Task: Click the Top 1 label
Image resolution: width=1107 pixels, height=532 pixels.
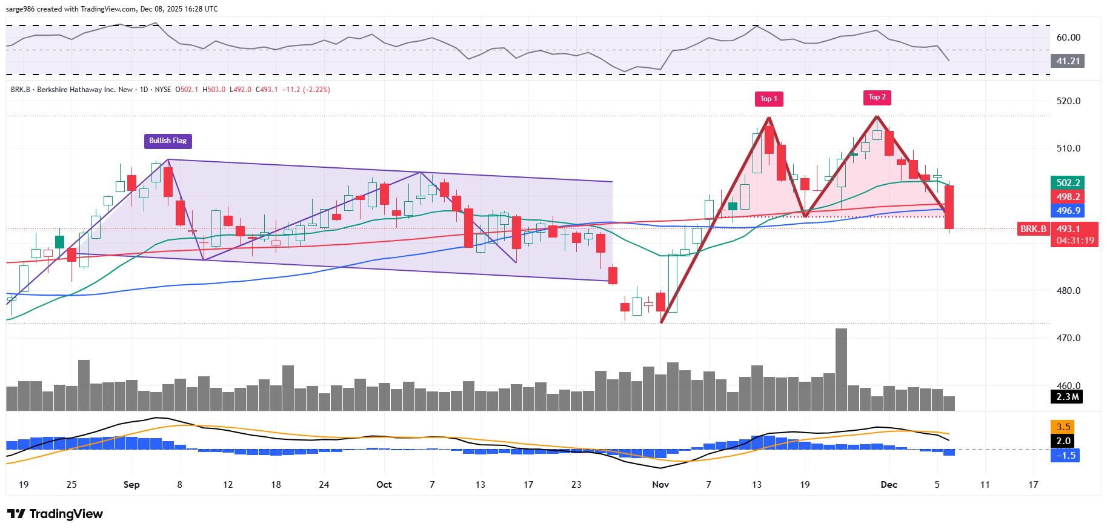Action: [768, 99]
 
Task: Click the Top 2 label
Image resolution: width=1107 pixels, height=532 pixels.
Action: [877, 97]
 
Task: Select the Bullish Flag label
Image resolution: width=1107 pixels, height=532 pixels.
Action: [168, 141]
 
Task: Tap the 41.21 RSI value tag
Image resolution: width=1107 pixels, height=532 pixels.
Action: [1068, 61]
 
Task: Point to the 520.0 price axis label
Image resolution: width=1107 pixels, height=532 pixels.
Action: [1068, 101]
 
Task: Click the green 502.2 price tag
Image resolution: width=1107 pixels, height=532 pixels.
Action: [1068, 183]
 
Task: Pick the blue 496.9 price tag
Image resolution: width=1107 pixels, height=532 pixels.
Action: [1068, 211]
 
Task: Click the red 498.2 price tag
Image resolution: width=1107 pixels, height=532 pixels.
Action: [1068, 197]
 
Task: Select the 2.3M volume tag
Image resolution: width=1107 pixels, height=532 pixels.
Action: [1068, 397]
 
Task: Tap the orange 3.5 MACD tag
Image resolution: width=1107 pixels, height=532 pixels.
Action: [1063, 427]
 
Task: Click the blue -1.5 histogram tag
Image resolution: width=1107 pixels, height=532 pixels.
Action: [1066, 455]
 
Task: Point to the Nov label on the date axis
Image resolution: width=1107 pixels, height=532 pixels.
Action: [660, 485]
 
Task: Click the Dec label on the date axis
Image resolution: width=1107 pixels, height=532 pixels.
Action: [889, 485]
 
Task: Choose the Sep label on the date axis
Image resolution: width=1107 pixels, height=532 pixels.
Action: [131, 485]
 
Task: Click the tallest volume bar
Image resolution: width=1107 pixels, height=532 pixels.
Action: [841, 370]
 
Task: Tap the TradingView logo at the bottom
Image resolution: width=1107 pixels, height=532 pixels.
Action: [55, 514]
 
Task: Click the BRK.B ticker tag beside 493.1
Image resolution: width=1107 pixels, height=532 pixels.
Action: [1033, 229]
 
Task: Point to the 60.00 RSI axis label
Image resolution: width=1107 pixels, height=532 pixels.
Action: [1068, 38]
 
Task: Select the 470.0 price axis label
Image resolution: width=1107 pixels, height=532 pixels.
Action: [1068, 338]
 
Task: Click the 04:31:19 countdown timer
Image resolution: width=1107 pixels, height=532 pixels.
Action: [1075, 241]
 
